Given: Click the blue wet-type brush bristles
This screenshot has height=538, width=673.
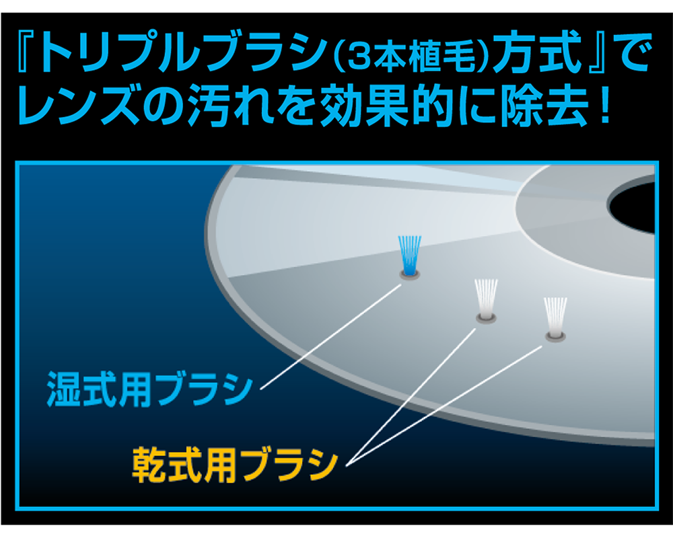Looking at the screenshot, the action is pos(409,255).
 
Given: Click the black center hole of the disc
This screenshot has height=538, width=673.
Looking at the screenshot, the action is pos(632,206).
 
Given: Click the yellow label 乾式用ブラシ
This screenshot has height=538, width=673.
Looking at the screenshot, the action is pos(235,464).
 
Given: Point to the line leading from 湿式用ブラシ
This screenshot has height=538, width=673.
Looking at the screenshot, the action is pos(330,336).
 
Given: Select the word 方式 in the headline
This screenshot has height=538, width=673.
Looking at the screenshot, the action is pos(537,53).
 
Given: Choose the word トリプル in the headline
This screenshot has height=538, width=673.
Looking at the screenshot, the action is pos(122,53).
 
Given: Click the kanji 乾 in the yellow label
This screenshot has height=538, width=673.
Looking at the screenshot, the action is pos(149,464).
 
